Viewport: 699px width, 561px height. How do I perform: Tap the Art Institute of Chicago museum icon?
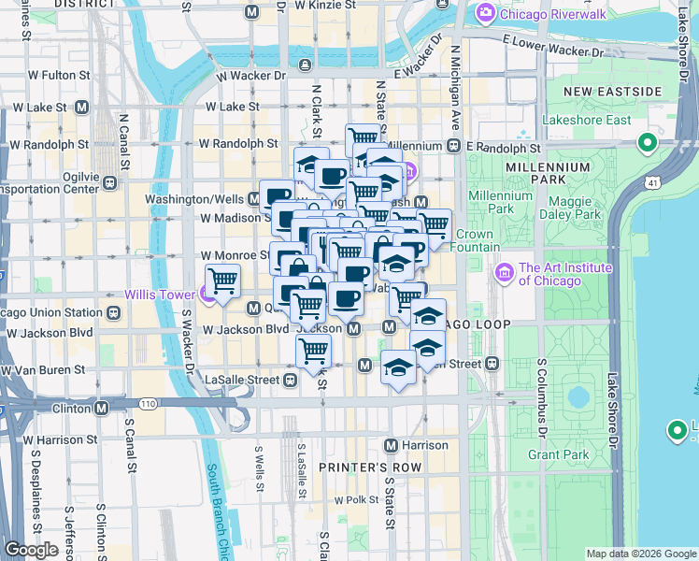pyautogui.click(x=504, y=273)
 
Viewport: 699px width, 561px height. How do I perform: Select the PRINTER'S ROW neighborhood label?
pyautogui.click(x=370, y=467)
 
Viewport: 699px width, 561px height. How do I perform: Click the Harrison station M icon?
pyautogui.click(x=392, y=445)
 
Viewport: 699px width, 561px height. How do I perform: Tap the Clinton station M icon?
pyautogui.click(x=100, y=408)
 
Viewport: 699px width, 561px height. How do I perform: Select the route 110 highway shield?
pyautogui.click(x=148, y=403)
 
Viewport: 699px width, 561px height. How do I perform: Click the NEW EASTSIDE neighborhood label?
pyautogui.click(x=611, y=91)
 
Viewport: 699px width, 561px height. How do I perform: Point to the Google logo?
pyautogui.click(x=31, y=550)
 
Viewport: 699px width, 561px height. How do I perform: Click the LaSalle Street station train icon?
pyautogui.click(x=291, y=380)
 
